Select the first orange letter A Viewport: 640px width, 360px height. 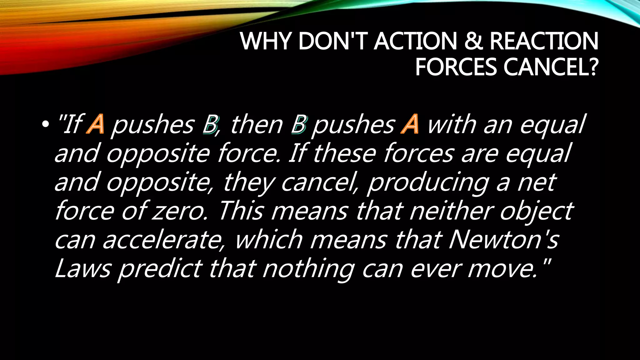[x=96, y=124]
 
